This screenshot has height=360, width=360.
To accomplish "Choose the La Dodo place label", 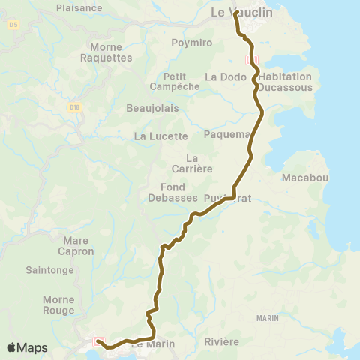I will (220, 76).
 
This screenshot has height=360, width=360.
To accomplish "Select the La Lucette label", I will (160, 136).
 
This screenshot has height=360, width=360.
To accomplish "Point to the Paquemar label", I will (227, 135).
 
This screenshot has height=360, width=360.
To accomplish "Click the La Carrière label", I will (192, 163).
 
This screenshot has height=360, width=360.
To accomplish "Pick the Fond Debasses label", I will (178, 192).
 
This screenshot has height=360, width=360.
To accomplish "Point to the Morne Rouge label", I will (58, 304).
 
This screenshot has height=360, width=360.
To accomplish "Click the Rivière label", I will (221, 342).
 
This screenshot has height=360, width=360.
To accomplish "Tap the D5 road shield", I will (13, 25).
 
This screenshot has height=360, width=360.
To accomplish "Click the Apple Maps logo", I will (27, 348).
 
